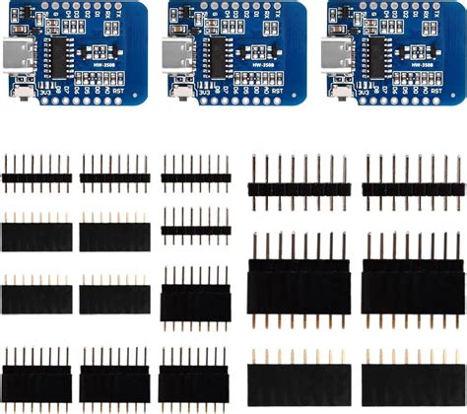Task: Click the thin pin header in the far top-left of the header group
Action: click(36, 177)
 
